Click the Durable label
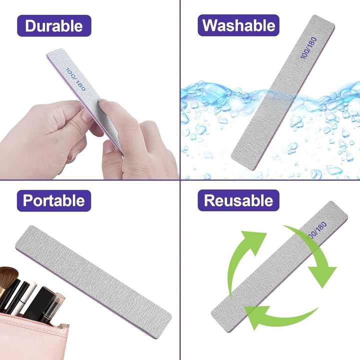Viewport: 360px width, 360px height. (x=54, y=25)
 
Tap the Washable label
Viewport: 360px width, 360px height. (x=238, y=25)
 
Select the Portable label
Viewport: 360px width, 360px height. (x=54, y=200)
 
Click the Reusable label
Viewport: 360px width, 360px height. (x=238, y=200)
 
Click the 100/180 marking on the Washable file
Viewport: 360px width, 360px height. (x=308, y=48)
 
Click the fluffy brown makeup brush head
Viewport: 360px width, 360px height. (x=8, y=278)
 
